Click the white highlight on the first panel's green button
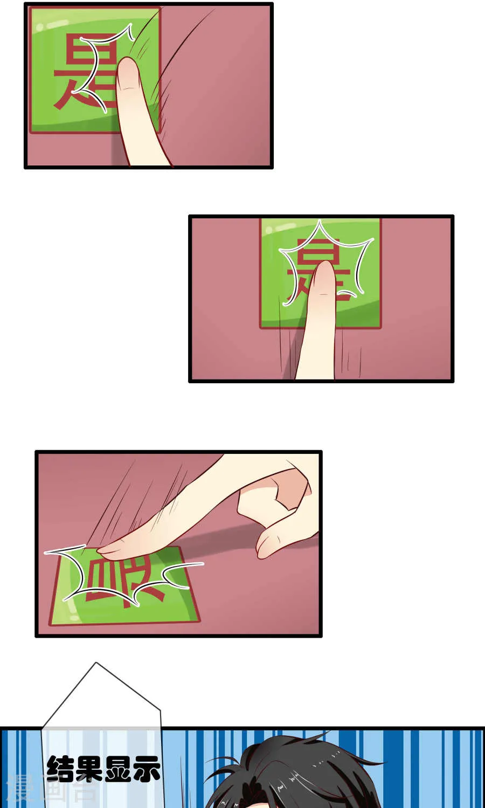tap(54, 24)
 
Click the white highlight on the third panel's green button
tap(70, 609)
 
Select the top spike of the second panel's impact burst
tap(320, 222)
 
